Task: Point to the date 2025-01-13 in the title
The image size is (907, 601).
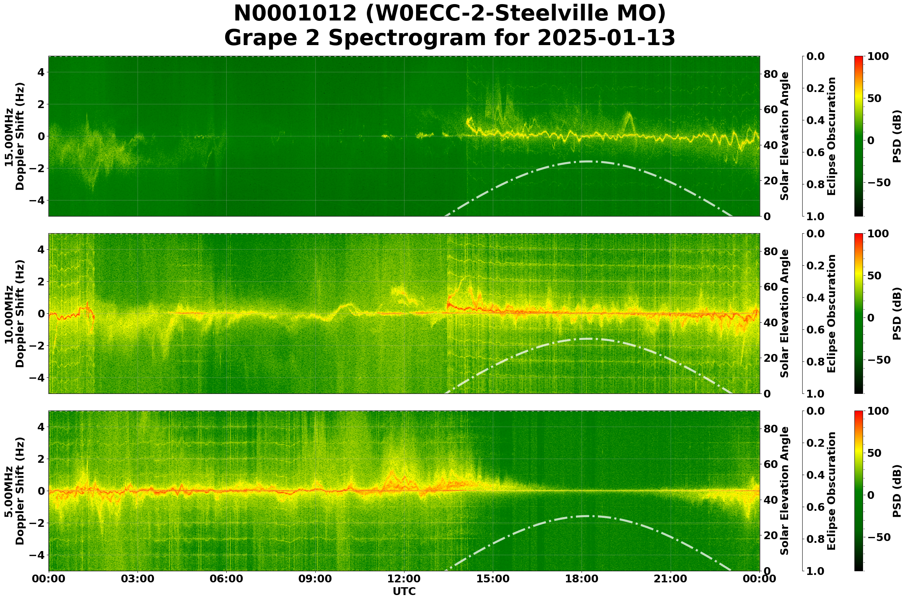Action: coord(606,38)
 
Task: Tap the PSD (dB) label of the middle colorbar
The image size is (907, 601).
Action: coord(897,313)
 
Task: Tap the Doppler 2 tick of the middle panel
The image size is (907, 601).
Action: coord(40,282)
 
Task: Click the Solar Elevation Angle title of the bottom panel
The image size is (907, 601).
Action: coord(785,491)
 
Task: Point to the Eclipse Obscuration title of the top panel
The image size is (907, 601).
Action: coord(831,136)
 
